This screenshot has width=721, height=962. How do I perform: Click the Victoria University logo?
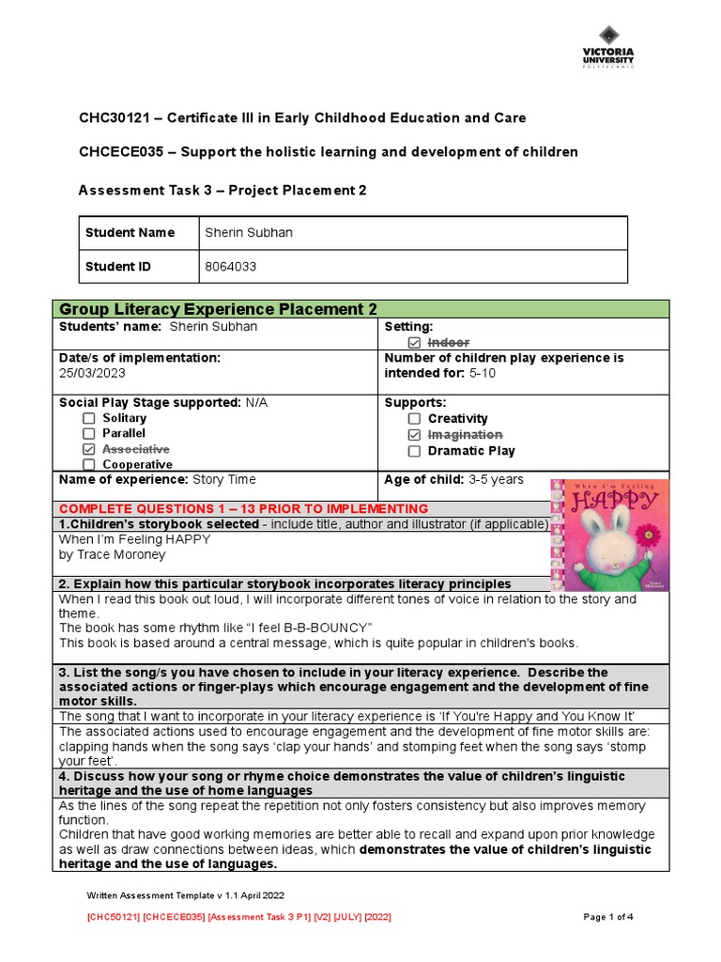607,47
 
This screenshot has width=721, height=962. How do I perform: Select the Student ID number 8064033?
230,267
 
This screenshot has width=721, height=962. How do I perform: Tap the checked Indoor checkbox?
415,343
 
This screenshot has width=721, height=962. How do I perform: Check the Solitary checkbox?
88,418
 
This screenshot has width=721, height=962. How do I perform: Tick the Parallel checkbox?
88,434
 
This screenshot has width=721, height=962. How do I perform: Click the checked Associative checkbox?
88,450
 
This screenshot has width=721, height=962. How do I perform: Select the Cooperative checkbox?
88,464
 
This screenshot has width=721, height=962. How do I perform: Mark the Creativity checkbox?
415,419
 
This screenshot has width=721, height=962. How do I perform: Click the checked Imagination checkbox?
415,435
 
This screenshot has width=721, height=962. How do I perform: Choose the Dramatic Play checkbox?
415,451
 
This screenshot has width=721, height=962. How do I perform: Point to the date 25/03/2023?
91,373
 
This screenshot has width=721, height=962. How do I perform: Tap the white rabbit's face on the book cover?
602,541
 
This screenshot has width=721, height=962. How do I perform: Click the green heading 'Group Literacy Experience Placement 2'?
218,309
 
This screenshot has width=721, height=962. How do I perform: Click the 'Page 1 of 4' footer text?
608,916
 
